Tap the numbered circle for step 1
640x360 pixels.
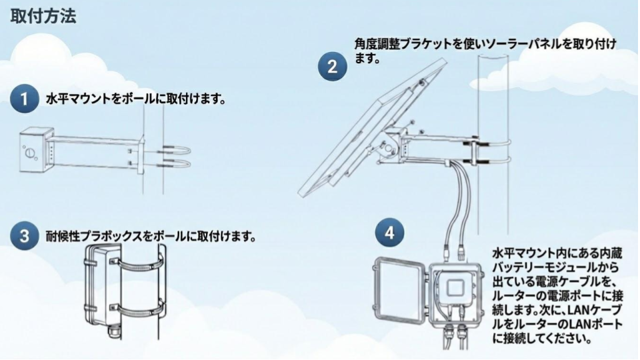tap(25, 100)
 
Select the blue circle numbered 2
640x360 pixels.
tap(331, 67)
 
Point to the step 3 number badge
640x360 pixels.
tap(25, 236)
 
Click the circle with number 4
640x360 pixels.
tap(390, 233)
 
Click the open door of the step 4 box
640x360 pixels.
tap(400, 293)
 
